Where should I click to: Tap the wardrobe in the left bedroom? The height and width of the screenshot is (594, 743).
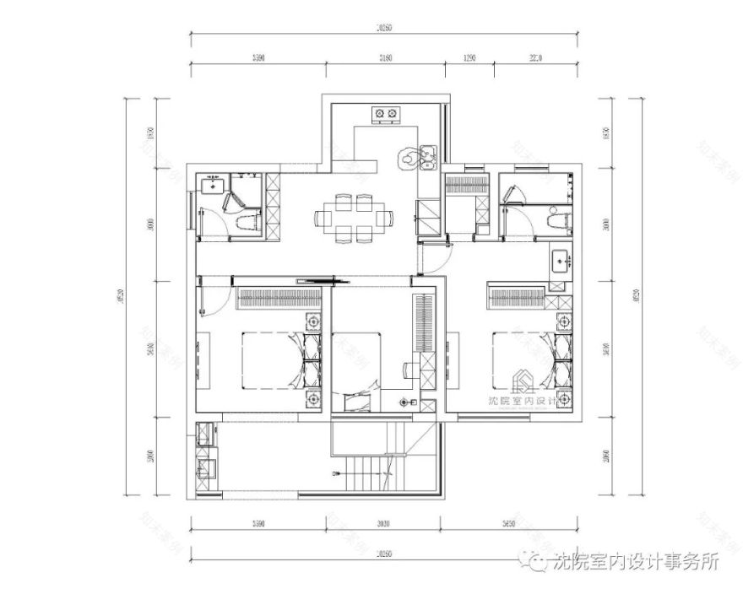point(279,298)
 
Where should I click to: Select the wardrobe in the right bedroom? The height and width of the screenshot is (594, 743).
point(516,298)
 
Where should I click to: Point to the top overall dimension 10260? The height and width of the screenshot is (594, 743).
point(384,29)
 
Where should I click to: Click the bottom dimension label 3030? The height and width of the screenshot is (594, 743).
point(384,524)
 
